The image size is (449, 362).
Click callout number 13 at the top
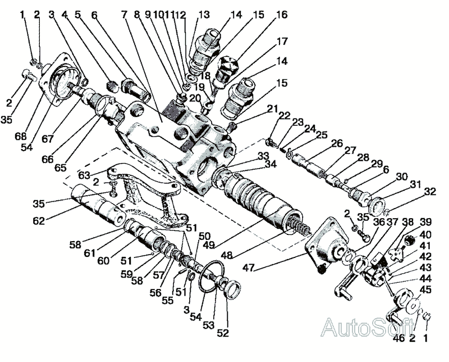coord(203,14)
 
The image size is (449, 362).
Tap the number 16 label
coord(281,14)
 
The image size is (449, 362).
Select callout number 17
coord(282,42)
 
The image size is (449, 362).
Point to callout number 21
coord(273,108)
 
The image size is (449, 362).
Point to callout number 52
coord(223,332)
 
